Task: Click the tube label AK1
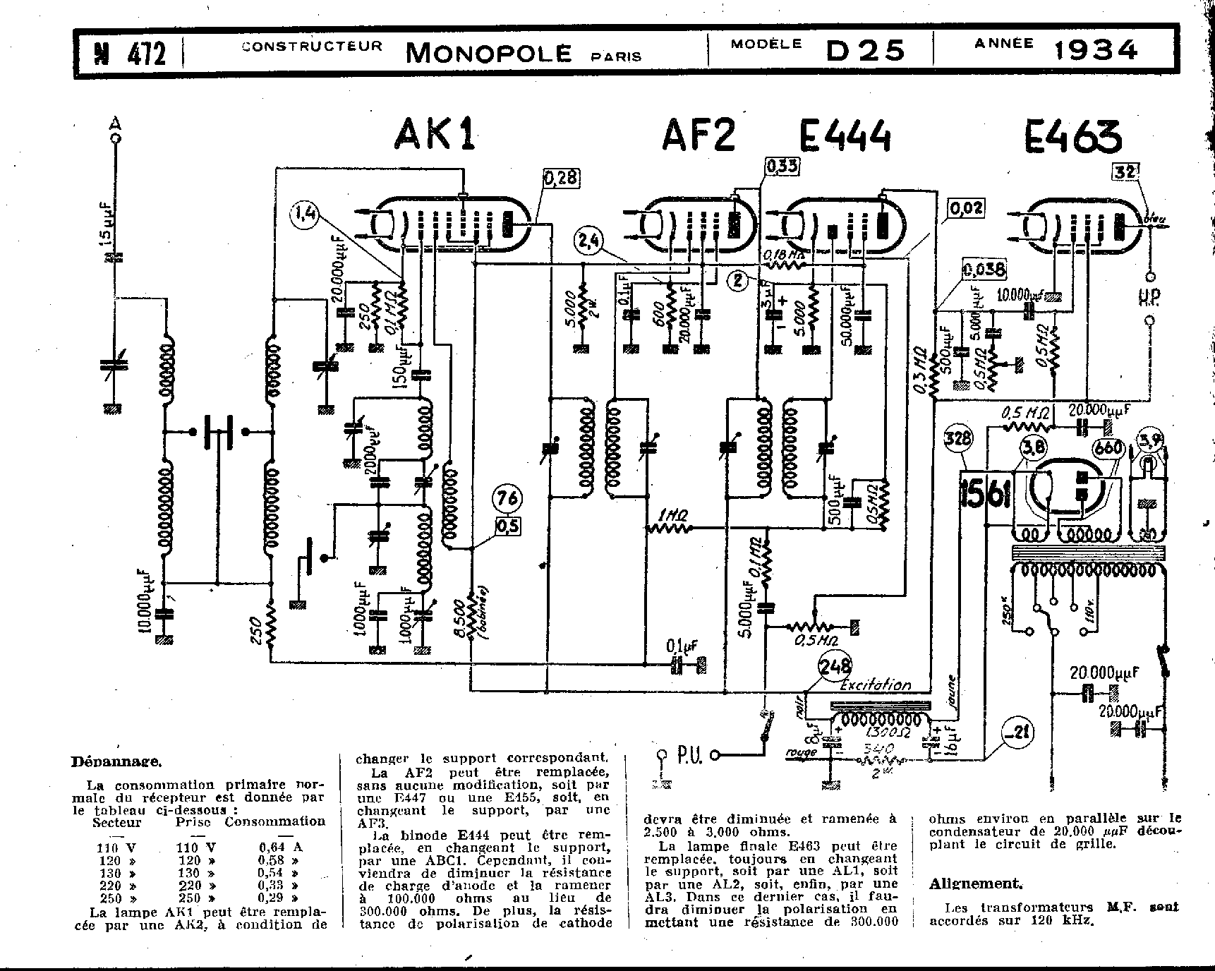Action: [435, 134]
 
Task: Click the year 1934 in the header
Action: [1096, 50]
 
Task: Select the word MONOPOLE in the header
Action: [488, 53]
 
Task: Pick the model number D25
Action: [865, 51]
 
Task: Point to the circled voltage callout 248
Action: [835, 665]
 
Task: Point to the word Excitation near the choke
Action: [875, 685]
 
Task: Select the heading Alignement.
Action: [975, 883]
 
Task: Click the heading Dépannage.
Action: [116, 761]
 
